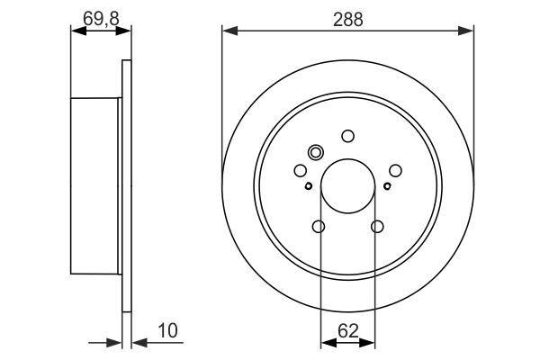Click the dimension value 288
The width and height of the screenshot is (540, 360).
click(x=347, y=19)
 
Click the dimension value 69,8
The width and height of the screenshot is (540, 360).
click(x=101, y=18)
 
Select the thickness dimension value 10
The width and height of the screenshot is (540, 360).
click(x=167, y=330)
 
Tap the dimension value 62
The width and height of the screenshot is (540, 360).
click(x=347, y=331)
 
